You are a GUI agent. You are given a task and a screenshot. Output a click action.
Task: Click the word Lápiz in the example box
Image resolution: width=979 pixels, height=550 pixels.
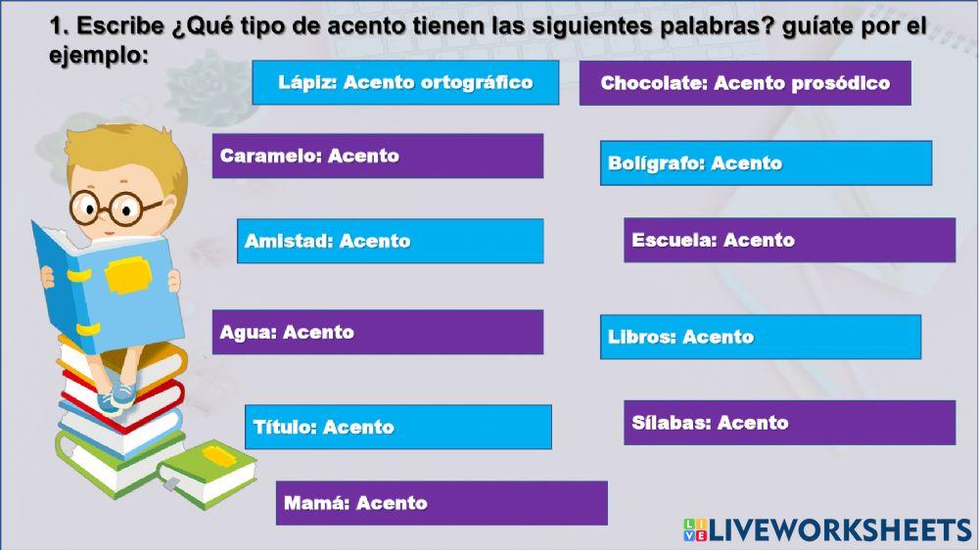(x=306, y=82)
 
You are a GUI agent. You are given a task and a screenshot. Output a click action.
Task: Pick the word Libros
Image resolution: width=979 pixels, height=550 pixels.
(x=640, y=337)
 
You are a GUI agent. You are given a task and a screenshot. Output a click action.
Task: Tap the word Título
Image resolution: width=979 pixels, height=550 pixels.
(x=284, y=427)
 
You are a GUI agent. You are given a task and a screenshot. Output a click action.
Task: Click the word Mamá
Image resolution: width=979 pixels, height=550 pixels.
(x=315, y=504)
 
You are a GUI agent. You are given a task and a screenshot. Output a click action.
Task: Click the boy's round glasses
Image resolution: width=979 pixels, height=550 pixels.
(x=109, y=207)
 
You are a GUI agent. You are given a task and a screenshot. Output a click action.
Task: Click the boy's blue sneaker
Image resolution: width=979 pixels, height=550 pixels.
(x=121, y=395)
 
